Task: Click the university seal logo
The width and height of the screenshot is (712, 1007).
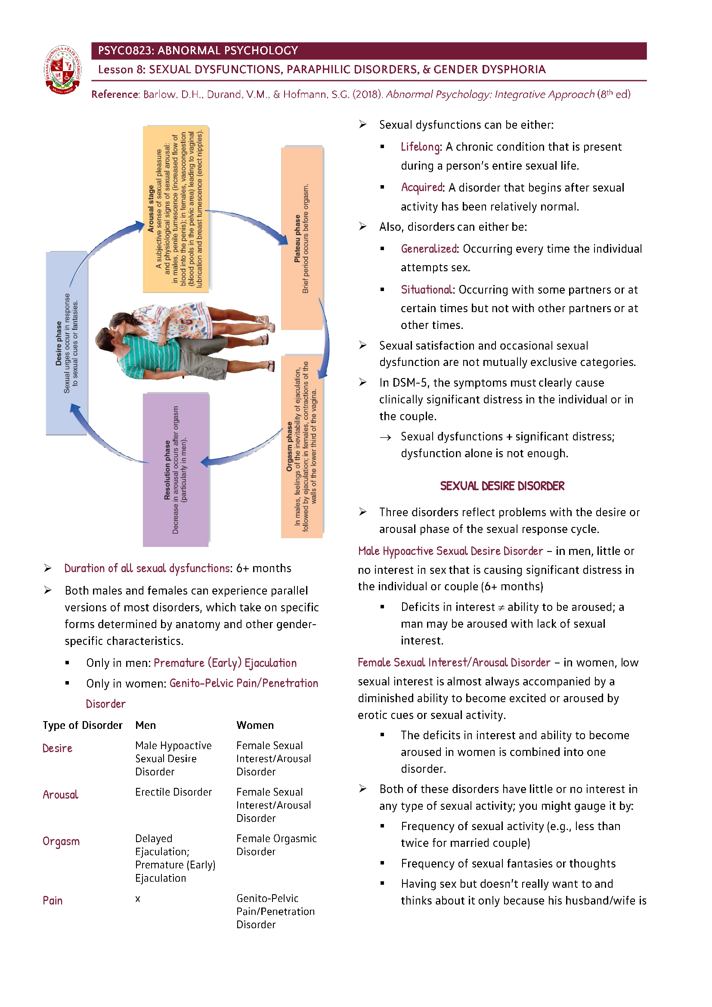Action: coord(63,69)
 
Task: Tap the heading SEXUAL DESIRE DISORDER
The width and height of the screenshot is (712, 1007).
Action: coord(502,486)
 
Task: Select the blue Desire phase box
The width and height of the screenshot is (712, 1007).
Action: coord(67,343)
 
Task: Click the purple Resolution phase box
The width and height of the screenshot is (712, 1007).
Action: coord(176,469)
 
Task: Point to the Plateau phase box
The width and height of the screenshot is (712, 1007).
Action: coord(302,239)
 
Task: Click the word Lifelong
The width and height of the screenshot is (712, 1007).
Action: coord(421,147)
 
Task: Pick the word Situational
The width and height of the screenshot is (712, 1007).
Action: coord(427,290)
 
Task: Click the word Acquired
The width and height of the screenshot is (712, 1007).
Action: coord(422,188)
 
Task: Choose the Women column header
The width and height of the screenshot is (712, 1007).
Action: coord(255,725)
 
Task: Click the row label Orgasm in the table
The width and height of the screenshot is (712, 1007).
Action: coord(61,841)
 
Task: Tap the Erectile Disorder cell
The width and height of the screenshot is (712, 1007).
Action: coord(173,792)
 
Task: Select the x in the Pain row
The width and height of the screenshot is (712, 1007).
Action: coord(138,899)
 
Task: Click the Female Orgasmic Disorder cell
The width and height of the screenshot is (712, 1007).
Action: coord(276,845)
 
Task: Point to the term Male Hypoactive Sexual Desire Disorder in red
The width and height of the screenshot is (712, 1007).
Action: coord(450,552)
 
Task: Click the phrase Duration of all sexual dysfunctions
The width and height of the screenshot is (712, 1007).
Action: coord(147,568)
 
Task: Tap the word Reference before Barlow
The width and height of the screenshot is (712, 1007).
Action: coord(115,95)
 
